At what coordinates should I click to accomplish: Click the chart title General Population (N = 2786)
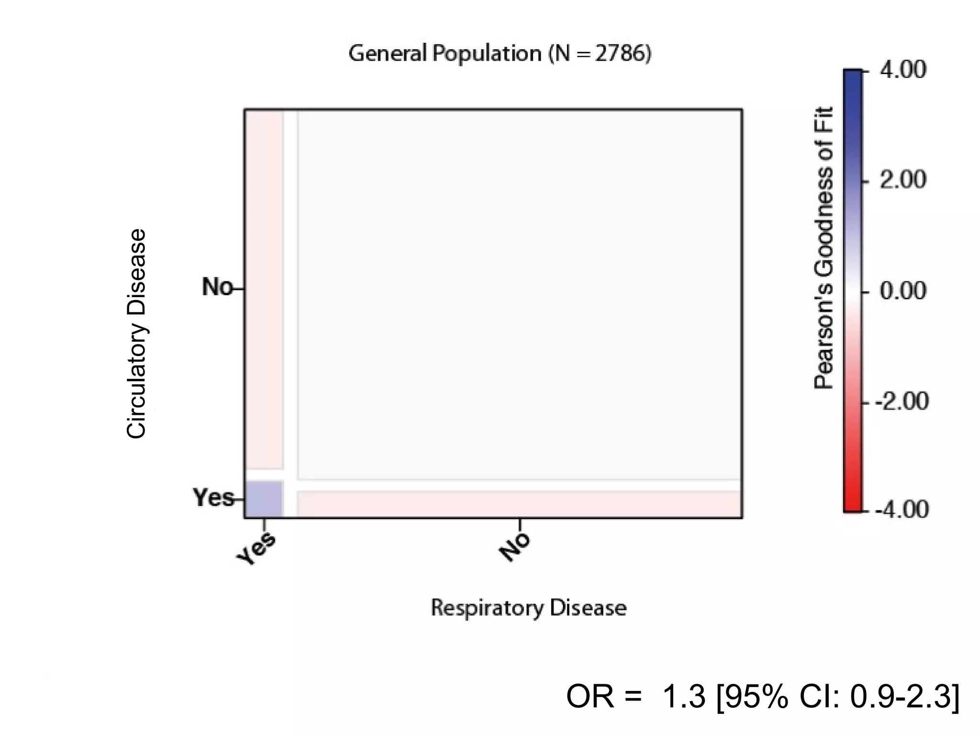[500, 53]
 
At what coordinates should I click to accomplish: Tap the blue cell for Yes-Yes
[264, 499]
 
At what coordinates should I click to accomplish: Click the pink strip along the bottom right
[519, 504]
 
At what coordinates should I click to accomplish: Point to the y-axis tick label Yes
[213, 498]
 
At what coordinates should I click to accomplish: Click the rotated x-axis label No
[515, 547]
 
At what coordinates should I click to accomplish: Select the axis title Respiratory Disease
[528, 608]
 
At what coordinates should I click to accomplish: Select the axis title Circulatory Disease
[136, 334]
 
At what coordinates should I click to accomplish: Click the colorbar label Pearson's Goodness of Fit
[824, 247]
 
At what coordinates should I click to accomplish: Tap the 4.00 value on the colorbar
[902, 70]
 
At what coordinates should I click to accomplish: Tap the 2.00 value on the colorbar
[902, 180]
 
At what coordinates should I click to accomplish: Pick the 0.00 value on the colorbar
[902, 290]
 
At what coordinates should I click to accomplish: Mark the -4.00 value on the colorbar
[902, 510]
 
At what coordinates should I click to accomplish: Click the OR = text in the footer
[604, 696]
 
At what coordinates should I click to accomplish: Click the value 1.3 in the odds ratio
[683, 696]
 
